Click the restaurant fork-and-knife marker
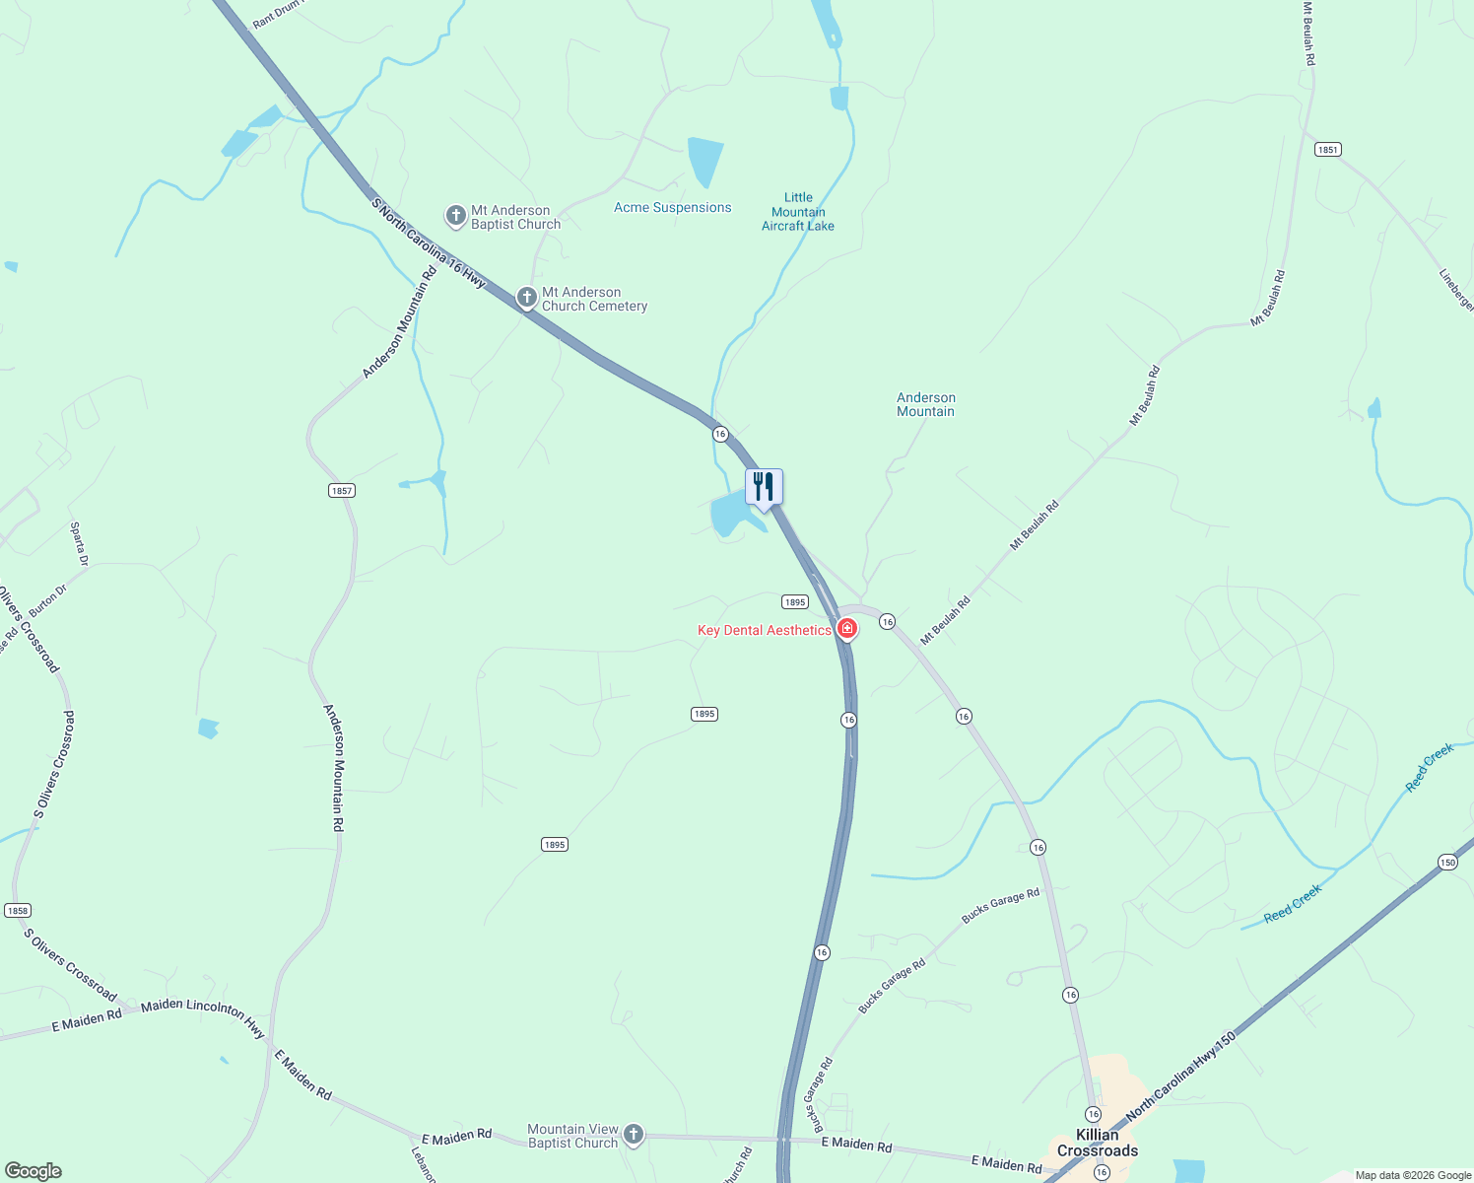764,487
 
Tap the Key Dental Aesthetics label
764,630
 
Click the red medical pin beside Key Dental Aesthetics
847,628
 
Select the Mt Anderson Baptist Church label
515,217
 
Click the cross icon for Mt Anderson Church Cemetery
527,297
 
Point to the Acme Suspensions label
672,207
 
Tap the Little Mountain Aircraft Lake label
798,212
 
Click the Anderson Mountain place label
925,404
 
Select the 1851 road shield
1327,149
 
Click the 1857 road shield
341,490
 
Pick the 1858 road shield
18,910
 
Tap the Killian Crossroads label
1098,1143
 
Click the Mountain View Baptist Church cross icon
634,1135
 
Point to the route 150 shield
1446,862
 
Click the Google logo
33,1171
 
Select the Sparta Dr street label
79,544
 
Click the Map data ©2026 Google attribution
1412,1175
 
